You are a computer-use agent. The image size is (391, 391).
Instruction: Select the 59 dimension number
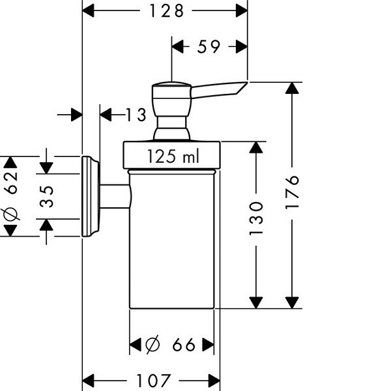coord(209,46)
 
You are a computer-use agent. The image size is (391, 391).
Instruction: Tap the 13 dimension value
coord(136,115)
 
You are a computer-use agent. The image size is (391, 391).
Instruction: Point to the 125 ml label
coord(172,156)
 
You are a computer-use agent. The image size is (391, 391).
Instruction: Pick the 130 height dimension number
coord(256,218)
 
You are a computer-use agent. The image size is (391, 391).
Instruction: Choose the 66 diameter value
coord(184,345)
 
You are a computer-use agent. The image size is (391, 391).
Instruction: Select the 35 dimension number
coord(46,196)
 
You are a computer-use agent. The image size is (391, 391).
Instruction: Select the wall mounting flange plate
coord(89,196)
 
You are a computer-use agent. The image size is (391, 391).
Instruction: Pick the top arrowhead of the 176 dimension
coord(293,89)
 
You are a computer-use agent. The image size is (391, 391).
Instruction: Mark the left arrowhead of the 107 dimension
coord(89,380)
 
